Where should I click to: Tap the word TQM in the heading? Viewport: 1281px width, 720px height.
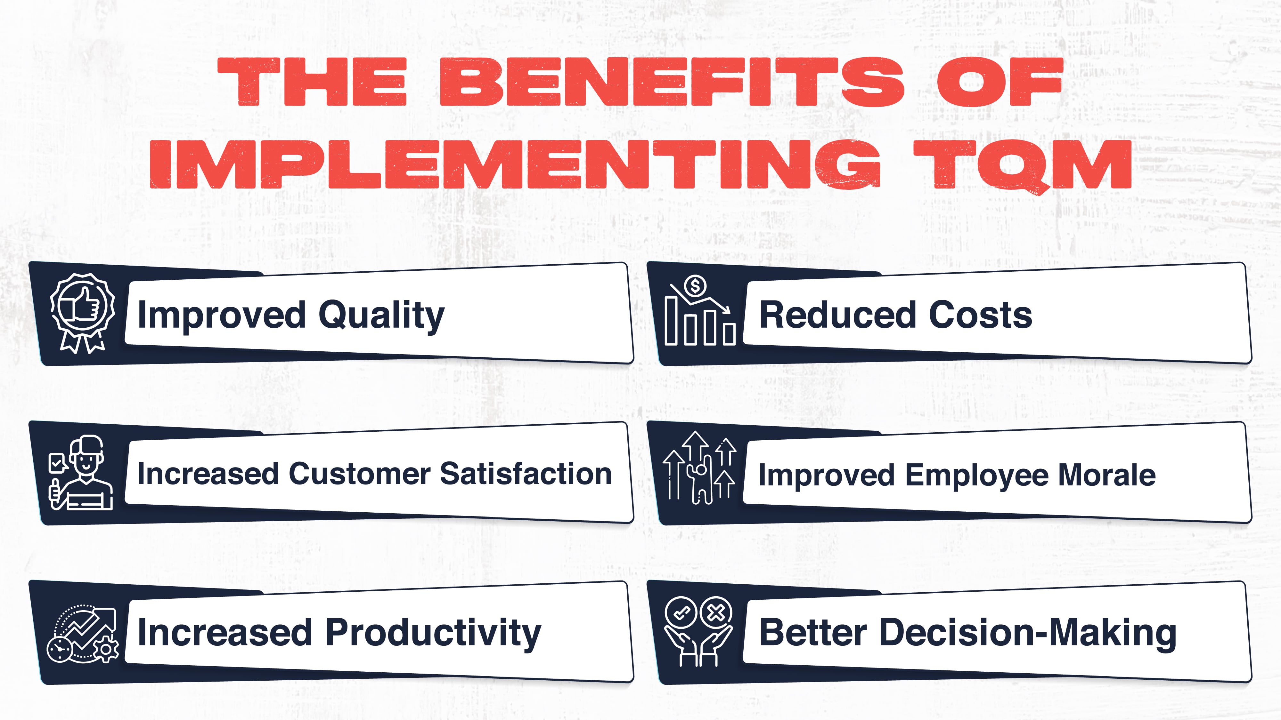coord(1022,165)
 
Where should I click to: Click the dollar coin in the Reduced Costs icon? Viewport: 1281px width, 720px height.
coord(695,286)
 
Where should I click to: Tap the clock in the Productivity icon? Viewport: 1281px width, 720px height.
coord(60,649)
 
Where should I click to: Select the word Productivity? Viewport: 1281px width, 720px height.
coord(433,634)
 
